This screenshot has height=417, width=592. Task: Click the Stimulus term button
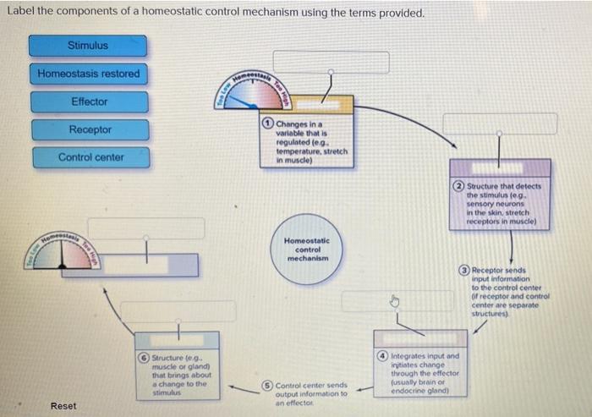[x=88, y=46]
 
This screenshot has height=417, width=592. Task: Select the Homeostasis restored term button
[x=88, y=74]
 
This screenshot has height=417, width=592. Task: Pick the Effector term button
[x=89, y=102]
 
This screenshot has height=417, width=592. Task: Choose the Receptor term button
[x=90, y=130]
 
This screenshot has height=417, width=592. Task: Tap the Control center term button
[x=90, y=157]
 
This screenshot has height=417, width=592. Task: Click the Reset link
[x=63, y=406]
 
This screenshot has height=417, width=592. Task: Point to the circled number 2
[x=459, y=186]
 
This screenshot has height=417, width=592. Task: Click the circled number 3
[x=464, y=269]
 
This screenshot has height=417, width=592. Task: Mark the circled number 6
[x=143, y=356]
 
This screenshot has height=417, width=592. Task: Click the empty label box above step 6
[x=165, y=311]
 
